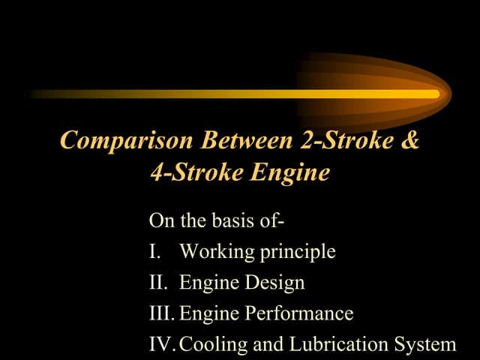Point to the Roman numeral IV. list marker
(163, 344)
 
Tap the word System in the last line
(427, 345)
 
